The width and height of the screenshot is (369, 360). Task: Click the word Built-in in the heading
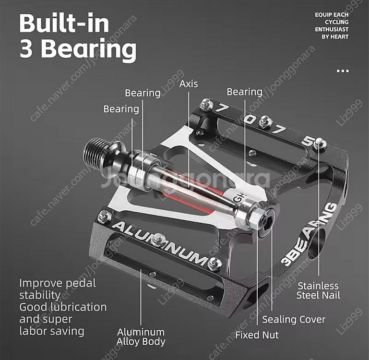coord(64,24)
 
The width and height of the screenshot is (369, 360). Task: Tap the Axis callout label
coord(189,84)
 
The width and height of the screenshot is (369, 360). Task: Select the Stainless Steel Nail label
coord(317,290)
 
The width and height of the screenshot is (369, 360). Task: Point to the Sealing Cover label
coord(294,320)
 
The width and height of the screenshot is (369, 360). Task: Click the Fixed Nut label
coord(257,335)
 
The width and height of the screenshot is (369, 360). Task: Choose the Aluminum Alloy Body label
coord(141,336)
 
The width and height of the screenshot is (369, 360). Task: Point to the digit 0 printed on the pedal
coord(249,119)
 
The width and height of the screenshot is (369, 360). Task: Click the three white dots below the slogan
coord(343,71)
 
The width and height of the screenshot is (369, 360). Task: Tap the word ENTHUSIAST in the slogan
coord(331,29)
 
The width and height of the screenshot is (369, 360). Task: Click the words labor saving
coord(52,331)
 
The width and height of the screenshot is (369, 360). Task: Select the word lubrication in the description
coord(77,307)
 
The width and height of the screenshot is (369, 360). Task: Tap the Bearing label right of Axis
coord(244,92)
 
